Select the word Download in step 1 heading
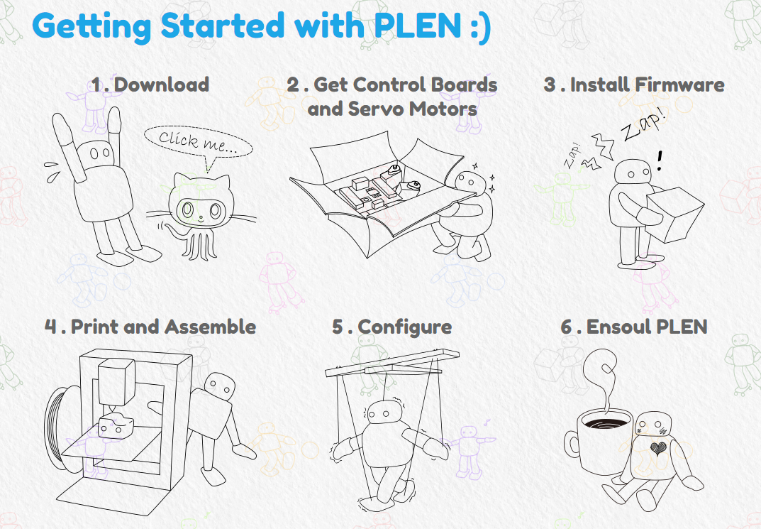pos(162,84)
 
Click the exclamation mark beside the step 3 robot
pos(660,160)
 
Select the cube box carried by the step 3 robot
pos(675,214)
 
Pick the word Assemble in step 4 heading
pos(210,327)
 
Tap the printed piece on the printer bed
pos(116,426)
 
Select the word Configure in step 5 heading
pos(405,327)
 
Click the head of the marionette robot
pos(384,415)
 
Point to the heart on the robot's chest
pos(657,448)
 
